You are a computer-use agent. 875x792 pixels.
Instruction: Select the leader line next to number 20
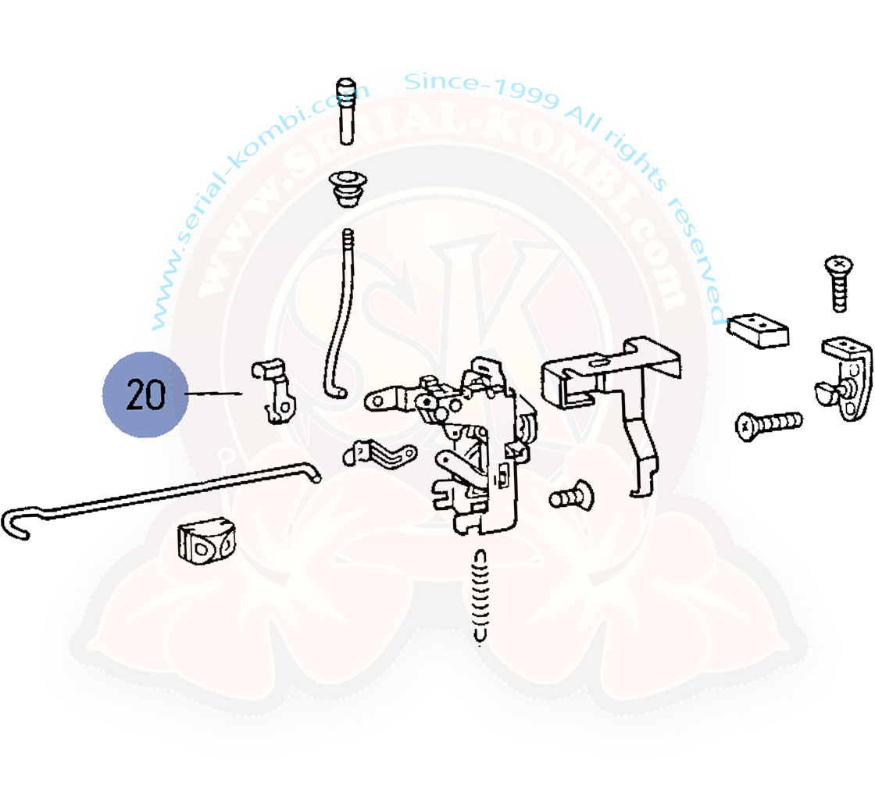tap(213, 394)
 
